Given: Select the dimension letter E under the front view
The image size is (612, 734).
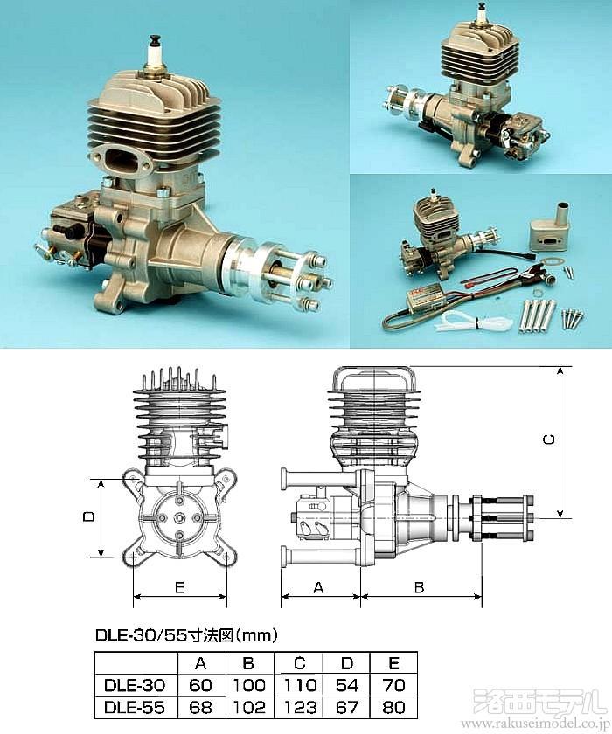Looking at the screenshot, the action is click(179, 587).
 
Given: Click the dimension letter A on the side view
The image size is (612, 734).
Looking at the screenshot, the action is click(318, 587).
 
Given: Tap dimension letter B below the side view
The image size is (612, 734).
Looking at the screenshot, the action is click(420, 587).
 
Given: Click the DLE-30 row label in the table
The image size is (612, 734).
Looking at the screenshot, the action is click(135, 685).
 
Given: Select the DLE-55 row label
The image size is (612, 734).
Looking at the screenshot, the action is click(135, 707).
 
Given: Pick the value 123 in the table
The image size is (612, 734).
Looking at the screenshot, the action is click(300, 707).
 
